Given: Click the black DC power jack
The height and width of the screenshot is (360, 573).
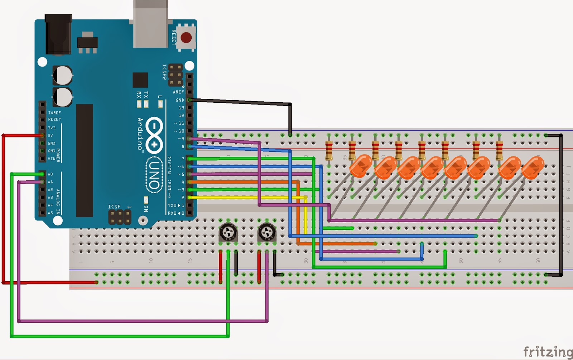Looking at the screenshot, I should click(58, 34).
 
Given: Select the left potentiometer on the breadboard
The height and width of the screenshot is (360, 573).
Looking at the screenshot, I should click(228, 232).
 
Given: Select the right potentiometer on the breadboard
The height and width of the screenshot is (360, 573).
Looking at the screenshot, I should click(267, 232).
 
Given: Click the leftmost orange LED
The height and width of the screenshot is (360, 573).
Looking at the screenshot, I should click(360, 166).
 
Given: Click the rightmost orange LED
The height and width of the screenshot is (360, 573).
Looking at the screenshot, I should click(533, 167).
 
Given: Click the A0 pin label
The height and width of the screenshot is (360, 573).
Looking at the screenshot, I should click(50, 174).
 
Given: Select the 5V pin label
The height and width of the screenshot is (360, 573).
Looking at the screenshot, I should click(50, 136).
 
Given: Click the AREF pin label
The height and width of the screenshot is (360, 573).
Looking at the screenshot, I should click(178, 92).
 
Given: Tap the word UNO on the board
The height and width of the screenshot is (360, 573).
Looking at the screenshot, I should click(154, 175).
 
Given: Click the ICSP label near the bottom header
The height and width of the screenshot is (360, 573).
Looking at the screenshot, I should click(114, 206).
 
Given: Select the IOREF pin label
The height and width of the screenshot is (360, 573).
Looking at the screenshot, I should click(54, 113).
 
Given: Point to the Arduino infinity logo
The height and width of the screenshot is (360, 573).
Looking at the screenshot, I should click(154, 135).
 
